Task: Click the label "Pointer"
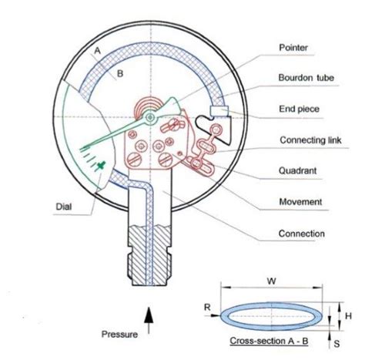[293, 48]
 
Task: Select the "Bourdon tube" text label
[306, 78]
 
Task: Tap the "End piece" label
[300, 109]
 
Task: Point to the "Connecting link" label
[311, 140]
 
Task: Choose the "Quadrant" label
[298, 170]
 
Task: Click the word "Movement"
[300, 202]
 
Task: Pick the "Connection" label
[302, 234]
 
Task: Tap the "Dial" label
[64, 207]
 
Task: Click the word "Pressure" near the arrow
[119, 335]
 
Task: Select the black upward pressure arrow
[149, 321]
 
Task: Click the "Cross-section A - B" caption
[269, 341]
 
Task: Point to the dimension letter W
[272, 281]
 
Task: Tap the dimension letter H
[348, 316]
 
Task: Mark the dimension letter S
[337, 344]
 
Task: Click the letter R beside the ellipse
[207, 307]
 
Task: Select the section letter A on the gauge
[97, 51]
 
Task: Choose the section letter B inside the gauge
[120, 74]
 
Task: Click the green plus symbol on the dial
[101, 166]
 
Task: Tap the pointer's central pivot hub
[150, 118]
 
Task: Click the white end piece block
[219, 111]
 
